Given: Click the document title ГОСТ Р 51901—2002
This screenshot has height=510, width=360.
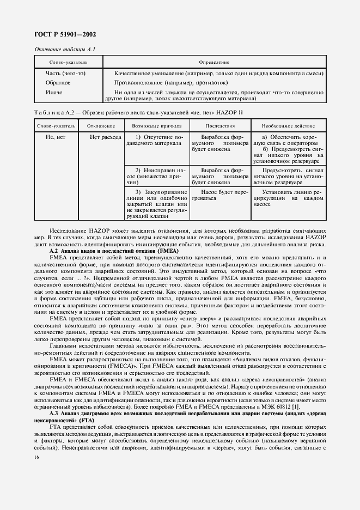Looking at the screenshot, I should pyautogui.click(x=62, y=34).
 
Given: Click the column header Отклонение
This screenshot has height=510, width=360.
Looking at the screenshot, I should pyautogui.click(x=101, y=126).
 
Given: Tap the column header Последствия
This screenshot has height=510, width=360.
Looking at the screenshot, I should pyautogui.click(x=216, y=126).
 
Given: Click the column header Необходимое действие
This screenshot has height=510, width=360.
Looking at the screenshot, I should pyautogui.click(x=286, y=126).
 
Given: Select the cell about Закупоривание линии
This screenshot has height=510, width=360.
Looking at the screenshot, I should pyautogui.click(x=156, y=204).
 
